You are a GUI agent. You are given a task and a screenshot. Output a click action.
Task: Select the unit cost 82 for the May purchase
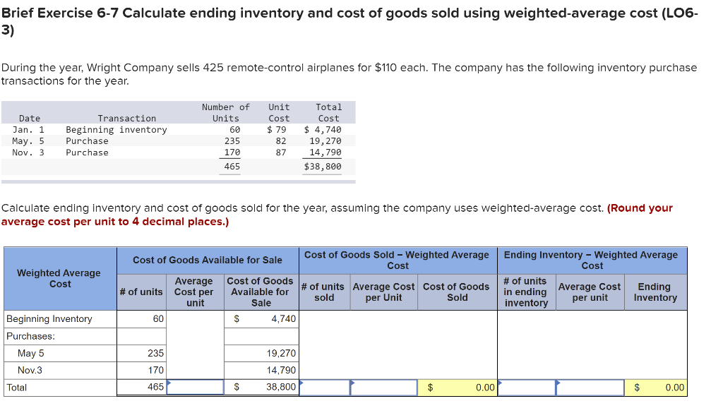coord(280,141)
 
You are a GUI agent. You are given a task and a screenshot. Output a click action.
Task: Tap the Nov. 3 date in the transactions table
coord(28,152)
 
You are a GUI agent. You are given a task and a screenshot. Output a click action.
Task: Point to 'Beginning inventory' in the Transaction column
coord(116,130)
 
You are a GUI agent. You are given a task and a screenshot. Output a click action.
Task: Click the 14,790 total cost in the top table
coord(325,152)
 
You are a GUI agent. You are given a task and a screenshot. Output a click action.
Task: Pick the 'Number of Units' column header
coord(226,113)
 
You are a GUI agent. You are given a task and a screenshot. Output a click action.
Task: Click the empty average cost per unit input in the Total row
coord(195,388)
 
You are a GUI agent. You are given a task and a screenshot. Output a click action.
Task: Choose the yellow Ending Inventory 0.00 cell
coord(656,388)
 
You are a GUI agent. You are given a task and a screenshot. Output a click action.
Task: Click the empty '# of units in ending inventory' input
coord(526,388)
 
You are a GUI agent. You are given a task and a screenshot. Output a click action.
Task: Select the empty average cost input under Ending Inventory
coord(590,388)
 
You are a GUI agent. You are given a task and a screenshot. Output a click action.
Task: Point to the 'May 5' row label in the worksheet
coord(31,354)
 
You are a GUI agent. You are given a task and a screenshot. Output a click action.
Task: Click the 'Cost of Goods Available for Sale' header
coord(208,261)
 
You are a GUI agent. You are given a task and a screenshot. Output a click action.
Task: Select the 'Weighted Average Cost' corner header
coord(59,278)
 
